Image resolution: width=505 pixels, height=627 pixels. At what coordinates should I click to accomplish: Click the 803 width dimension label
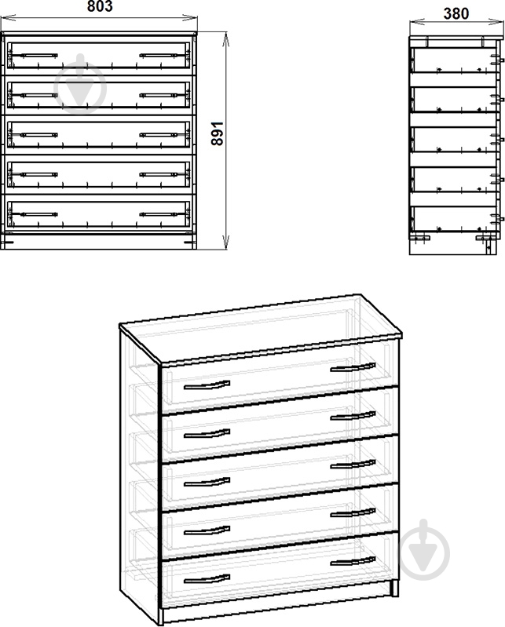click(x=100, y=6)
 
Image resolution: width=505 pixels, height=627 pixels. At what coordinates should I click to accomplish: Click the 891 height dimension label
click(x=218, y=133)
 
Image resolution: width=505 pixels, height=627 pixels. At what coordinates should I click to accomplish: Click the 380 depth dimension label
click(x=456, y=13)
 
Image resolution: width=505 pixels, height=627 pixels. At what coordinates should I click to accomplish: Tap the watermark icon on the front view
click(x=80, y=84)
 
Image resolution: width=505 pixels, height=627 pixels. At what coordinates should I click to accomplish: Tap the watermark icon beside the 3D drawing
click(x=424, y=550)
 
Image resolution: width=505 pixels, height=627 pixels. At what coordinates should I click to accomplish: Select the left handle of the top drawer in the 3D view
click(x=207, y=385)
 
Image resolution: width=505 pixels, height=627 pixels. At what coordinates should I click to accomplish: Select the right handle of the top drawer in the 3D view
click(x=353, y=367)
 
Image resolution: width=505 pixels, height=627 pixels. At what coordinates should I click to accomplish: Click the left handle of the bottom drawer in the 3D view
click(x=207, y=578)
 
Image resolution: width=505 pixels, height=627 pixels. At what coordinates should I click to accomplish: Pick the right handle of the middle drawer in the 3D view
click(x=353, y=465)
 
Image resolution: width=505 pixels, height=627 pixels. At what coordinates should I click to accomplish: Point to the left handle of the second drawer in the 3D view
click(x=207, y=434)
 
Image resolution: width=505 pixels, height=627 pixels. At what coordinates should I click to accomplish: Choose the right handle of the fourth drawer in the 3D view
click(x=353, y=512)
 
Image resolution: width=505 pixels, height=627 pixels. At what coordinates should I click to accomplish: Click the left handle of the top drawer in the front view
click(x=38, y=56)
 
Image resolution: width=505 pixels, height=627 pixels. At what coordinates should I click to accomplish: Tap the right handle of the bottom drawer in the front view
click(x=159, y=215)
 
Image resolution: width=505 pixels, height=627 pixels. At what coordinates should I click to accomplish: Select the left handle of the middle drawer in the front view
click(x=38, y=135)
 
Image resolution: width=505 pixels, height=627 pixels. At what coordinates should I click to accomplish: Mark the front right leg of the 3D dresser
click(x=394, y=588)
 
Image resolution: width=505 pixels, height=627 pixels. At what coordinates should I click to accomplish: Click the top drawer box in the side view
click(x=454, y=60)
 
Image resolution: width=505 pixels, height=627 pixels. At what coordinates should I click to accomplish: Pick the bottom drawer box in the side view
click(x=454, y=219)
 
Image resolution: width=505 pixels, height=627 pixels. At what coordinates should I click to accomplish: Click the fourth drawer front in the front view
click(x=98, y=174)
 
